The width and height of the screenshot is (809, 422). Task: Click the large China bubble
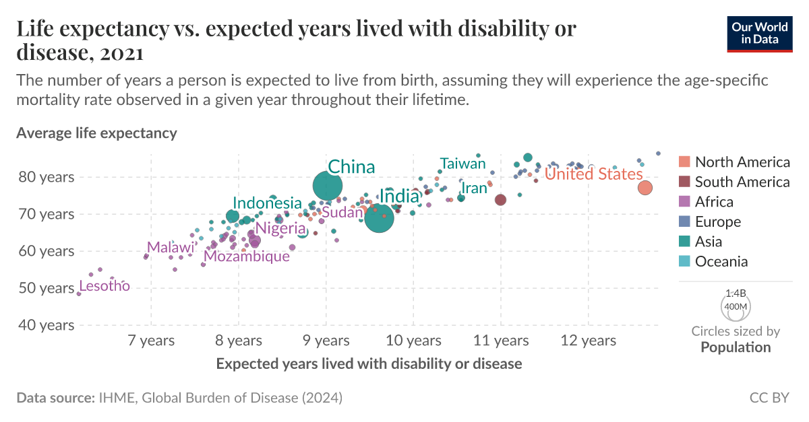click(x=328, y=185)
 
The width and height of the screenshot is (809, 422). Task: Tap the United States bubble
click(x=645, y=188)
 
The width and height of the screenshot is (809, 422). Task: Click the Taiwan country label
click(x=462, y=164)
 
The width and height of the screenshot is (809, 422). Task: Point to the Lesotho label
click(x=104, y=287)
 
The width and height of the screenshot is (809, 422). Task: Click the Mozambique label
click(x=247, y=256)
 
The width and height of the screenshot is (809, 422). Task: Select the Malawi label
click(x=171, y=247)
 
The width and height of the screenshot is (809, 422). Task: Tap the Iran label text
click(x=474, y=188)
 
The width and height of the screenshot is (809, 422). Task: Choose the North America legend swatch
click(x=684, y=162)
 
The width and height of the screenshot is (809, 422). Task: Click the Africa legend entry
click(x=714, y=202)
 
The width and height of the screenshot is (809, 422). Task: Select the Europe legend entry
click(x=717, y=222)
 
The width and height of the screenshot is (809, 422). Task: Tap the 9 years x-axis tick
click(x=326, y=341)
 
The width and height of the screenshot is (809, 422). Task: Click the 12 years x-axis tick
click(x=589, y=341)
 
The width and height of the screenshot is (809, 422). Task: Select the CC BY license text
click(x=769, y=398)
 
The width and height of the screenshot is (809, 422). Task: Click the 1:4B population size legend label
click(x=736, y=293)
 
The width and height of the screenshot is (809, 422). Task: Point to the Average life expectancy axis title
click(x=96, y=133)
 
